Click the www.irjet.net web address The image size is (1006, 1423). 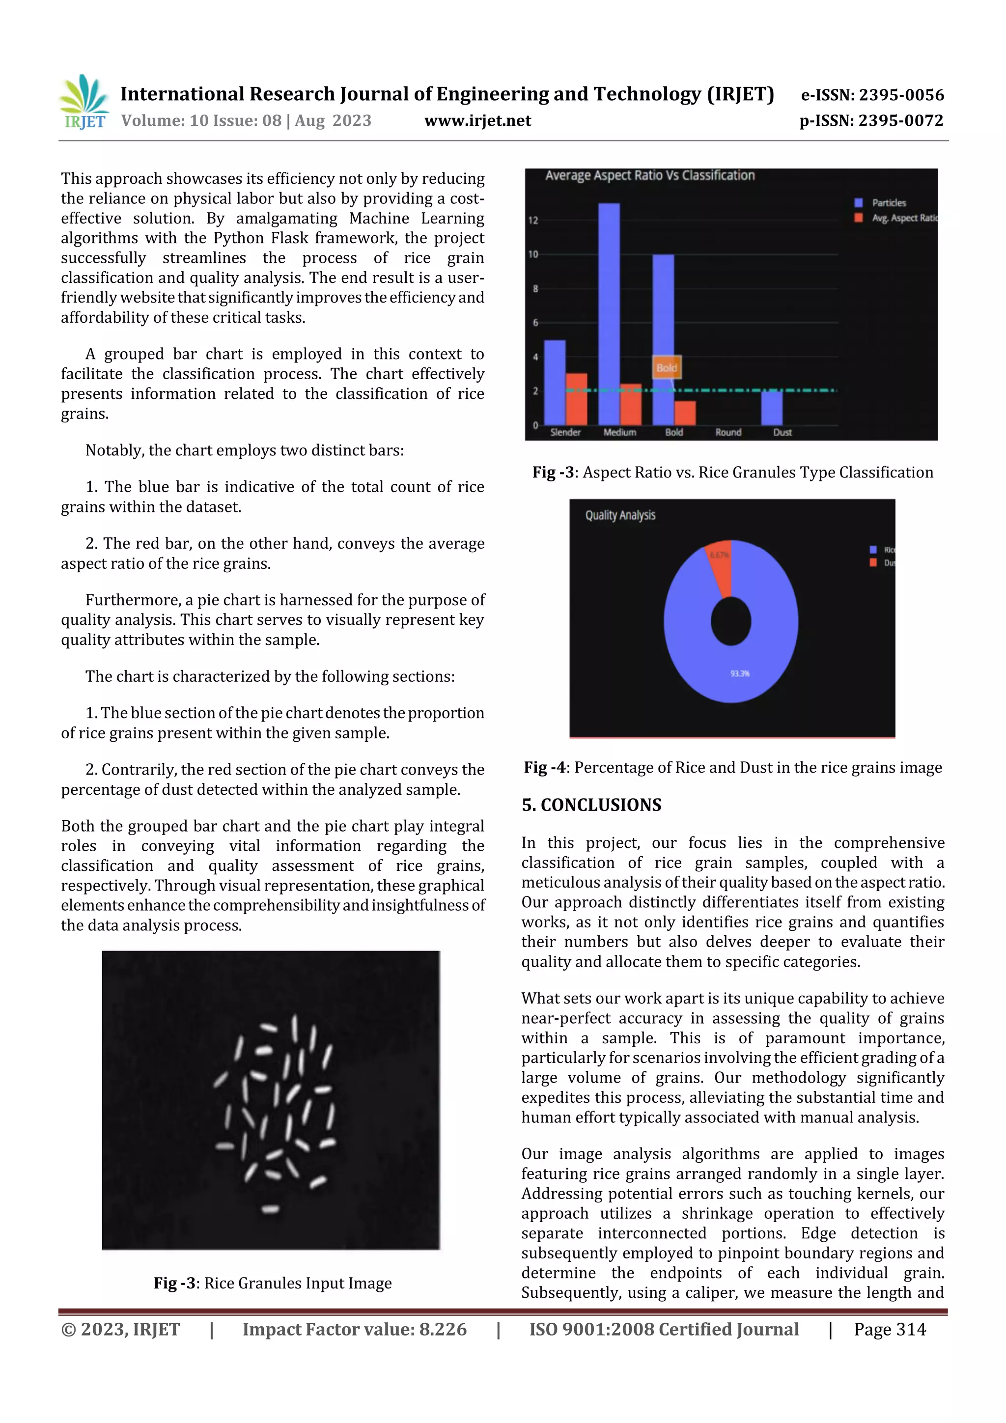[x=477, y=121]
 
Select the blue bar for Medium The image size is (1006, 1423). [x=609, y=313]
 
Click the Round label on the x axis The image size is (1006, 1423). [x=728, y=433]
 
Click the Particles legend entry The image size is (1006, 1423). [x=888, y=203]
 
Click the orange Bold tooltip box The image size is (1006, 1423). [x=667, y=367]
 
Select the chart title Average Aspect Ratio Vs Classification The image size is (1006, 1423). [x=649, y=176]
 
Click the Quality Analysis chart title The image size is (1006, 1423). [x=620, y=515]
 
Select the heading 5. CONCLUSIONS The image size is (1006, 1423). [x=591, y=805]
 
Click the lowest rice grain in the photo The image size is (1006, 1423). [x=270, y=1208]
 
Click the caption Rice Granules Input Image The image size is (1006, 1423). [x=298, y=1283]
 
